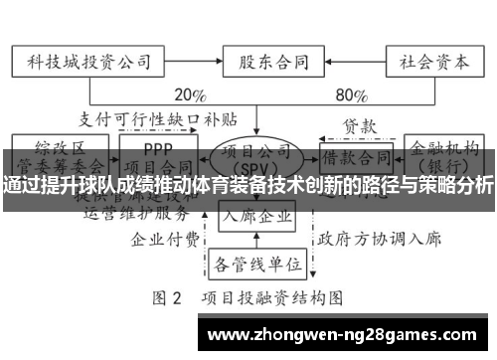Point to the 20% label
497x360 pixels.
[x=190, y=96]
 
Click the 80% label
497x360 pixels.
[x=351, y=96]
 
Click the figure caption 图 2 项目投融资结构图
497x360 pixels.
[x=248, y=297]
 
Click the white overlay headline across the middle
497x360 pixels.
[x=248, y=185]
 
